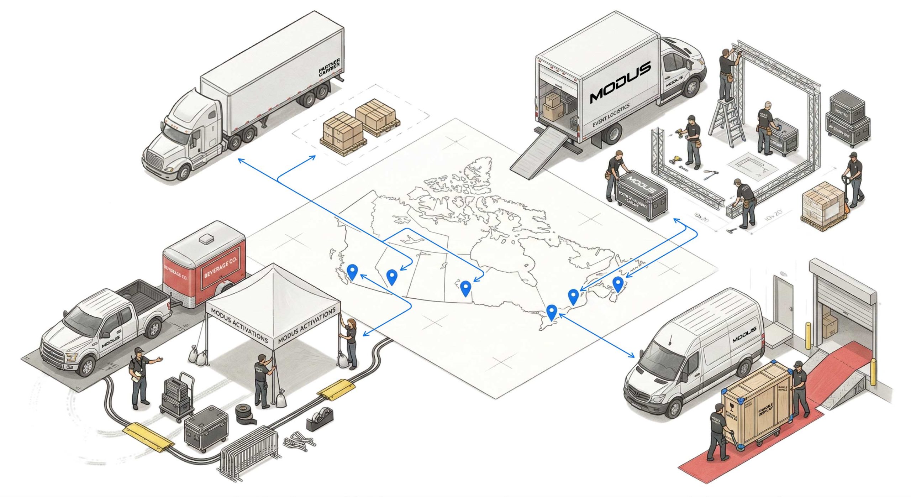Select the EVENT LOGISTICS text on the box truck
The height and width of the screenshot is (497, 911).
[611, 115]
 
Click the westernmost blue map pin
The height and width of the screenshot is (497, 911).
[352, 272]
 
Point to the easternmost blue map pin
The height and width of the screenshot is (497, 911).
[618, 283]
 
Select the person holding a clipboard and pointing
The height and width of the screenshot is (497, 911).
[140, 377]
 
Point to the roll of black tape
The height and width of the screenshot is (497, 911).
[246, 413]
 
